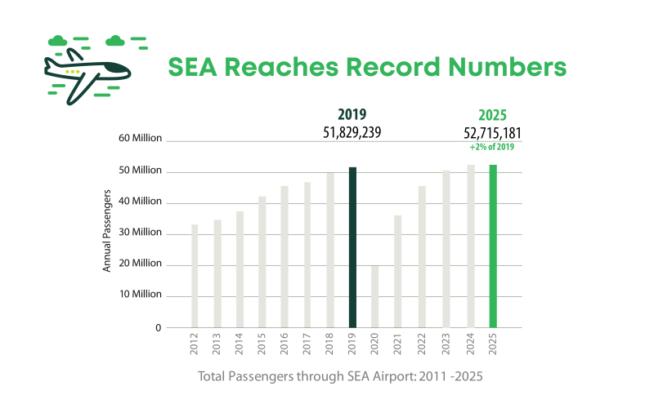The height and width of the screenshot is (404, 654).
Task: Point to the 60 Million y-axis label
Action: [x=141, y=138]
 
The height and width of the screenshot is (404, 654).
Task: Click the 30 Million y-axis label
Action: [x=141, y=233]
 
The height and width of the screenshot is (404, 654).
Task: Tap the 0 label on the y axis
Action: [x=159, y=327]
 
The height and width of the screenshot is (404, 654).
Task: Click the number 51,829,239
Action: [x=353, y=132]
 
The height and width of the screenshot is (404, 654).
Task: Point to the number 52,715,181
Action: [x=492, y=132]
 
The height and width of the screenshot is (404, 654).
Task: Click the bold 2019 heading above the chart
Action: [x=352, y=115]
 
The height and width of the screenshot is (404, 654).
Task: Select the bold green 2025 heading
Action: [x=492, y=115]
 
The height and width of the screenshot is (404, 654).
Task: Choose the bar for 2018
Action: [x=330, y=250]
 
